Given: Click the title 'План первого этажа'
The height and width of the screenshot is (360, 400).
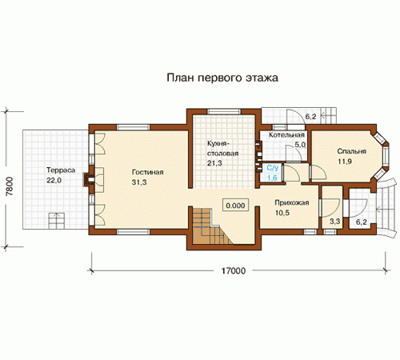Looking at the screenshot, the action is point(222,78).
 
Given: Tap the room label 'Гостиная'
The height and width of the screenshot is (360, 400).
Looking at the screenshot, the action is point(147,172).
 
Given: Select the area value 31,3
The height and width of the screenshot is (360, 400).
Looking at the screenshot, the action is point(139,182).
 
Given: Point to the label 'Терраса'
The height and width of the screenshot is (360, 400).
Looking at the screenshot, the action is point(61,170).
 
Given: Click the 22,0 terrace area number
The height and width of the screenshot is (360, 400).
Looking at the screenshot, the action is point(54,180).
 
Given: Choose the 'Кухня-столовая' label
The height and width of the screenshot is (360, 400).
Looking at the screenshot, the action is point(223,149).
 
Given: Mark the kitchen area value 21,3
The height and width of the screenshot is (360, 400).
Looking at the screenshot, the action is point(214,162).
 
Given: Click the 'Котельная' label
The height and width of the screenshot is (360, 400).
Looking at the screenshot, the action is point(286,135).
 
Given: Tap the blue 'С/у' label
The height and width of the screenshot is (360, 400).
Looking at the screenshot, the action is point(273,168).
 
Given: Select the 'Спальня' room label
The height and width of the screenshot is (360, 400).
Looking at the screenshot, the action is point(352,151).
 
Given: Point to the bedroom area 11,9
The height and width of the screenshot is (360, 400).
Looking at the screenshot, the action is point(345,162).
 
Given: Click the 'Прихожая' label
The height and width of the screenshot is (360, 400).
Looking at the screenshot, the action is point(292,202).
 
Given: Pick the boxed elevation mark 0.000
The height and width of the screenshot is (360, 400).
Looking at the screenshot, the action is point(235,206).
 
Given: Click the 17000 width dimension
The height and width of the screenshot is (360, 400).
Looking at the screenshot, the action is point(234,271).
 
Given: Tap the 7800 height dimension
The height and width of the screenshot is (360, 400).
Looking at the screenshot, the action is point(10,186).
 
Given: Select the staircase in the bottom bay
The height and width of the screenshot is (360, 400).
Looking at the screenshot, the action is point(210,226).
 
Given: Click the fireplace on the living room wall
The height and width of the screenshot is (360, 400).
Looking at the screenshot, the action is point(89,179).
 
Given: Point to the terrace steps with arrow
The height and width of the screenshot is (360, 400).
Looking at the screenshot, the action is point(56,220).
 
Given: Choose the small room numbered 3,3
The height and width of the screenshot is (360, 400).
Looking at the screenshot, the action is point(332,206).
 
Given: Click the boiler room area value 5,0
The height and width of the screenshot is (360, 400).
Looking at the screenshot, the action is point(300,145).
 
